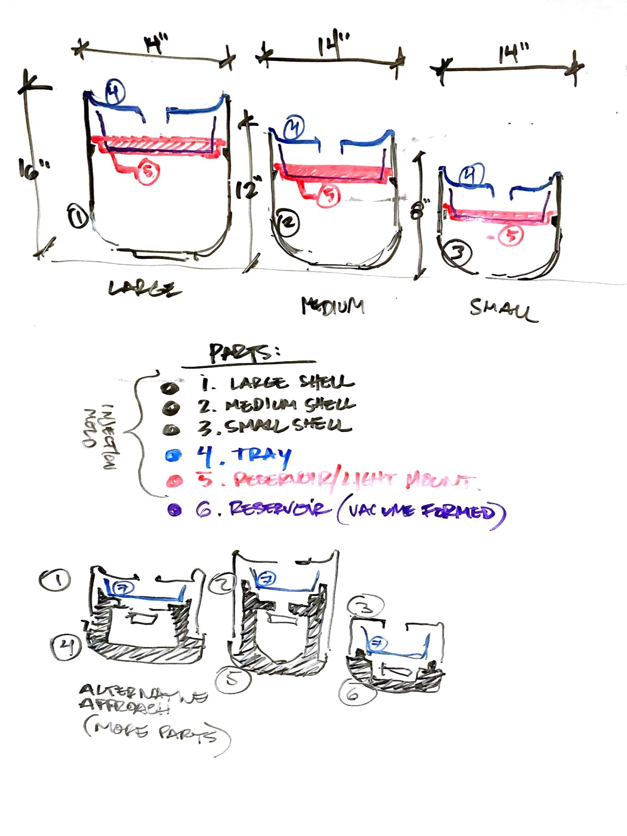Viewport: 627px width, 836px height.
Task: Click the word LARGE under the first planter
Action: (x=145, y=289)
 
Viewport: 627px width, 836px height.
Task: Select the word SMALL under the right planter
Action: (x=504, y=311)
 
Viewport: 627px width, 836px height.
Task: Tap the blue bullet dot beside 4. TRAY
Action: (x=173, y=455)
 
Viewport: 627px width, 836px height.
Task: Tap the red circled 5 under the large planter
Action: (x=148, y=172)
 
